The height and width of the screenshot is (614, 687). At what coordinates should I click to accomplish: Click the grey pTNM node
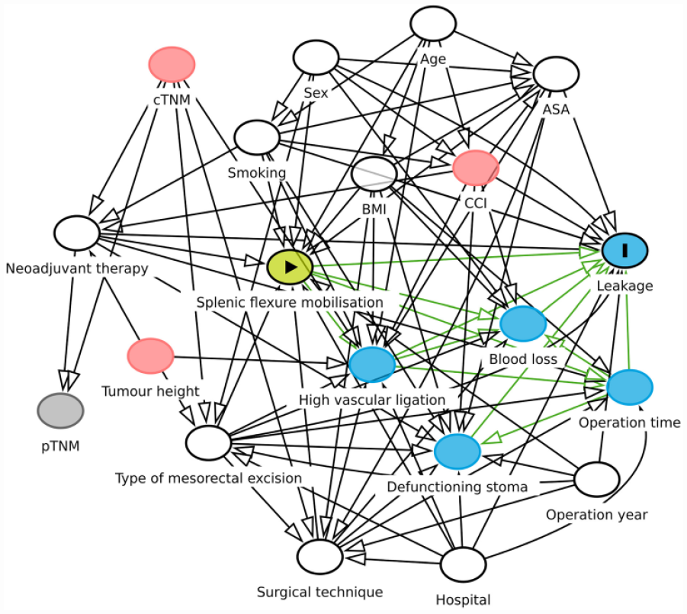pyautogui.click(x=60, y=410)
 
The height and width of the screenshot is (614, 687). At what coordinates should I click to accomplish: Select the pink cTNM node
pyautogui.click(x=172, y=64)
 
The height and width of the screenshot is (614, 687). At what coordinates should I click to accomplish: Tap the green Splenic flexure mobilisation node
pyautogui.click(x=290, y=266)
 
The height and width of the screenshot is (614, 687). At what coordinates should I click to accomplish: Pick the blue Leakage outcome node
pyautogui.click(x=624, y=250)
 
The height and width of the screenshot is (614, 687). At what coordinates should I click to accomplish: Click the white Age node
pyautogui.click(x=433, y=24)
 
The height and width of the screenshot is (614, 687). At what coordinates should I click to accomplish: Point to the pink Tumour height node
pyautogui.click(x=150, y=356)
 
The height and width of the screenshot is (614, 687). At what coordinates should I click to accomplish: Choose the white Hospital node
pyautogui.click(x=463, y=564)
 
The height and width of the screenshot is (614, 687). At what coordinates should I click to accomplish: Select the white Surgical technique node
pyautogui.click(x=319, y=557)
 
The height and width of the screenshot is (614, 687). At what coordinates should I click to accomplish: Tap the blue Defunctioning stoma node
pyautogui.click(x=457, y=452)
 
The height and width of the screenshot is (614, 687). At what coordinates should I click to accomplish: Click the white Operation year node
pyautogui.click(x=597, y=479)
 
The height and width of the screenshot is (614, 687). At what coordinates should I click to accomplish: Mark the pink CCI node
pyautogui.click(x=476, y=168)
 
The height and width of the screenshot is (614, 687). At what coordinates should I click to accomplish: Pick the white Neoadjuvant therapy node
pyautogui.click(x=77, y=233)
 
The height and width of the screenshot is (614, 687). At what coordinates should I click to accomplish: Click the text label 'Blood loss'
pyautogui.click(x=523, y=359)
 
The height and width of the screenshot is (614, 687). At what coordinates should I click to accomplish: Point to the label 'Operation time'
pyautogui.click(x=630, y=423)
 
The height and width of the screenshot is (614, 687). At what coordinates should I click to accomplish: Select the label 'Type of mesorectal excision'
pyautogui.click(x=209, y=478)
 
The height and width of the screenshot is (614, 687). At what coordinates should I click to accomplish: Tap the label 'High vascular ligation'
pyautogui.click(x=372, y=400)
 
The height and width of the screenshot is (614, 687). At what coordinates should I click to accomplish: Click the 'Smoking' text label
pyautogui.click(x=257, y=172)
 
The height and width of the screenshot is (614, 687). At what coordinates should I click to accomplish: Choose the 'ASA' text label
pyautogui.click(x=556, y=109)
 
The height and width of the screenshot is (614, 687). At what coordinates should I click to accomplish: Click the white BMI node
pyautogui.click(x=374, y=174)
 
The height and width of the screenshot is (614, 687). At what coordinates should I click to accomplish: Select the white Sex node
pyautogui.click(x=316, y=57)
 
